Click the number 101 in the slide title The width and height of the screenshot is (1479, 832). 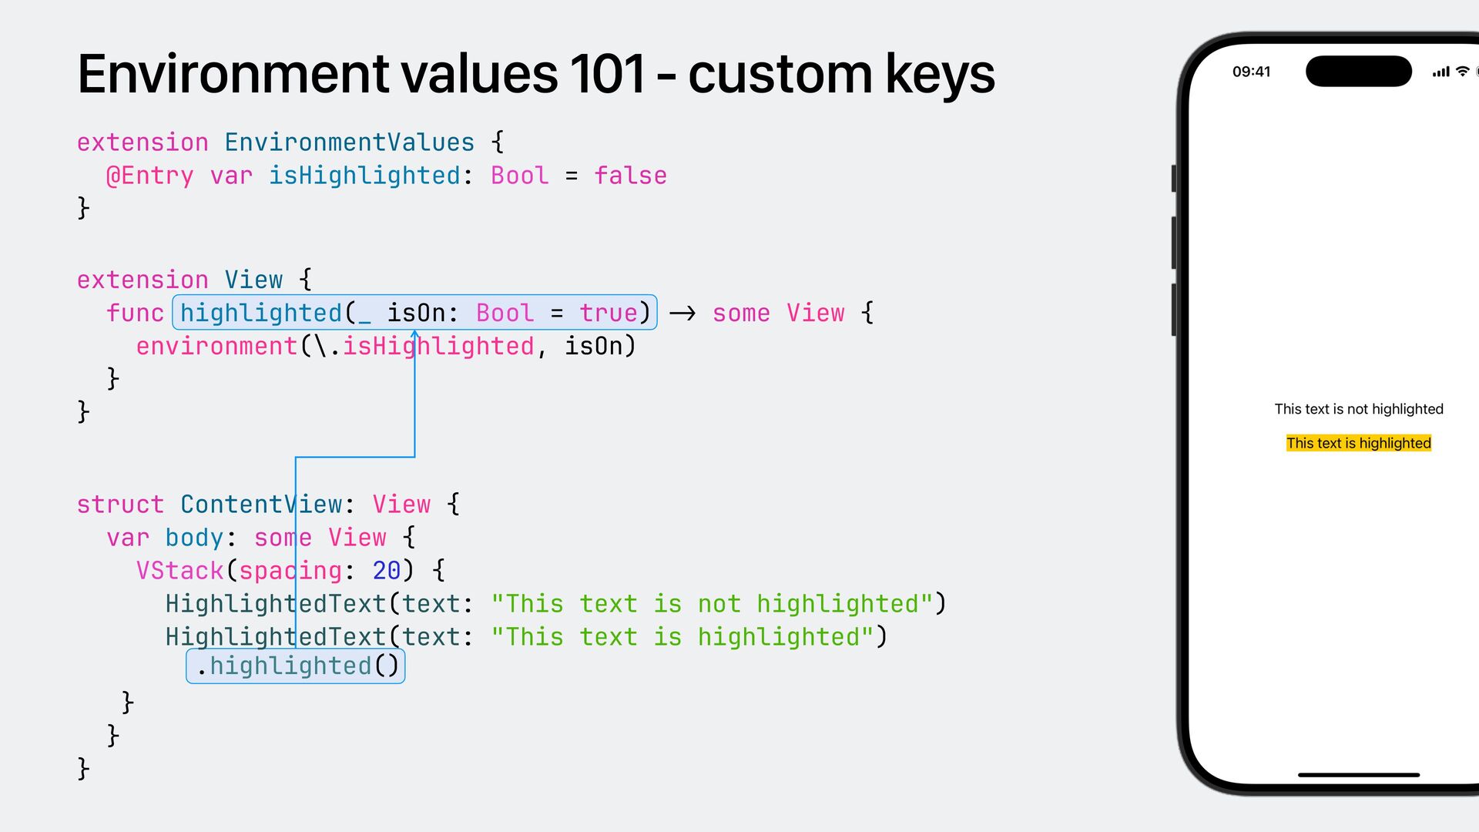pos(607,75)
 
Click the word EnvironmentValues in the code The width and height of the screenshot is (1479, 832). pos(349,143)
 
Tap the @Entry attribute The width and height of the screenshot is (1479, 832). pos(149,176)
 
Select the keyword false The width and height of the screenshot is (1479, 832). pos(630,176)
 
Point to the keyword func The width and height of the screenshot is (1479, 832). pos(135,313)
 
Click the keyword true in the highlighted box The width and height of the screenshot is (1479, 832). pos(609,313)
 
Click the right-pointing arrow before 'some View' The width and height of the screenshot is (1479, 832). pos(682,313)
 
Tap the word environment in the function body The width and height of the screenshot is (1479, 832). pos(216,346)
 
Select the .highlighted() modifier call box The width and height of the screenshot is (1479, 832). pos(296,666)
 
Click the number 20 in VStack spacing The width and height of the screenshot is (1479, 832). pos(386,571)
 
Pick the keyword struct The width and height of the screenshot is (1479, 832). pos(120,505)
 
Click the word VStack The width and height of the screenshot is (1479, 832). pos(179,571)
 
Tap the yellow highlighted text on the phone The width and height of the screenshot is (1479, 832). pos(1358,443)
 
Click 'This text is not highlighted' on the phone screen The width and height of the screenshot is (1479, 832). pos(1358,409)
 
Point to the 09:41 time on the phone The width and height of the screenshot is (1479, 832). pos(1251,72)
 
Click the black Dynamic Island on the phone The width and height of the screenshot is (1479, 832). pos(1358,72)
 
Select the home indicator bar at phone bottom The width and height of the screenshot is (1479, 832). pos(1358,775)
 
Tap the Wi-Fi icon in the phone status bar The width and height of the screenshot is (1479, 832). pos(1462,72)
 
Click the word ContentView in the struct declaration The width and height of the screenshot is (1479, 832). pos(261,505)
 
